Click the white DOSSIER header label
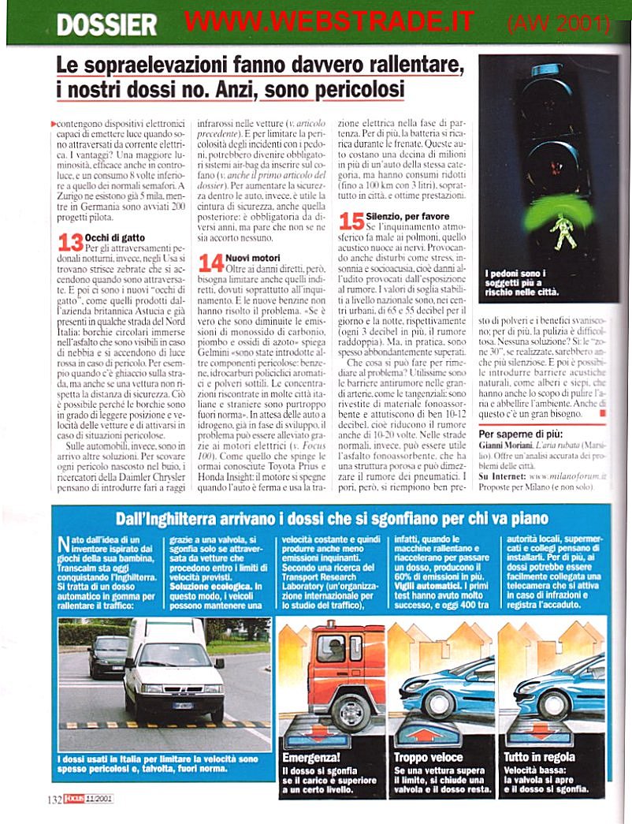[106, 25]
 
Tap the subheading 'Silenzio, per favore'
[407, 215]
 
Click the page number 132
[54, 797]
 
